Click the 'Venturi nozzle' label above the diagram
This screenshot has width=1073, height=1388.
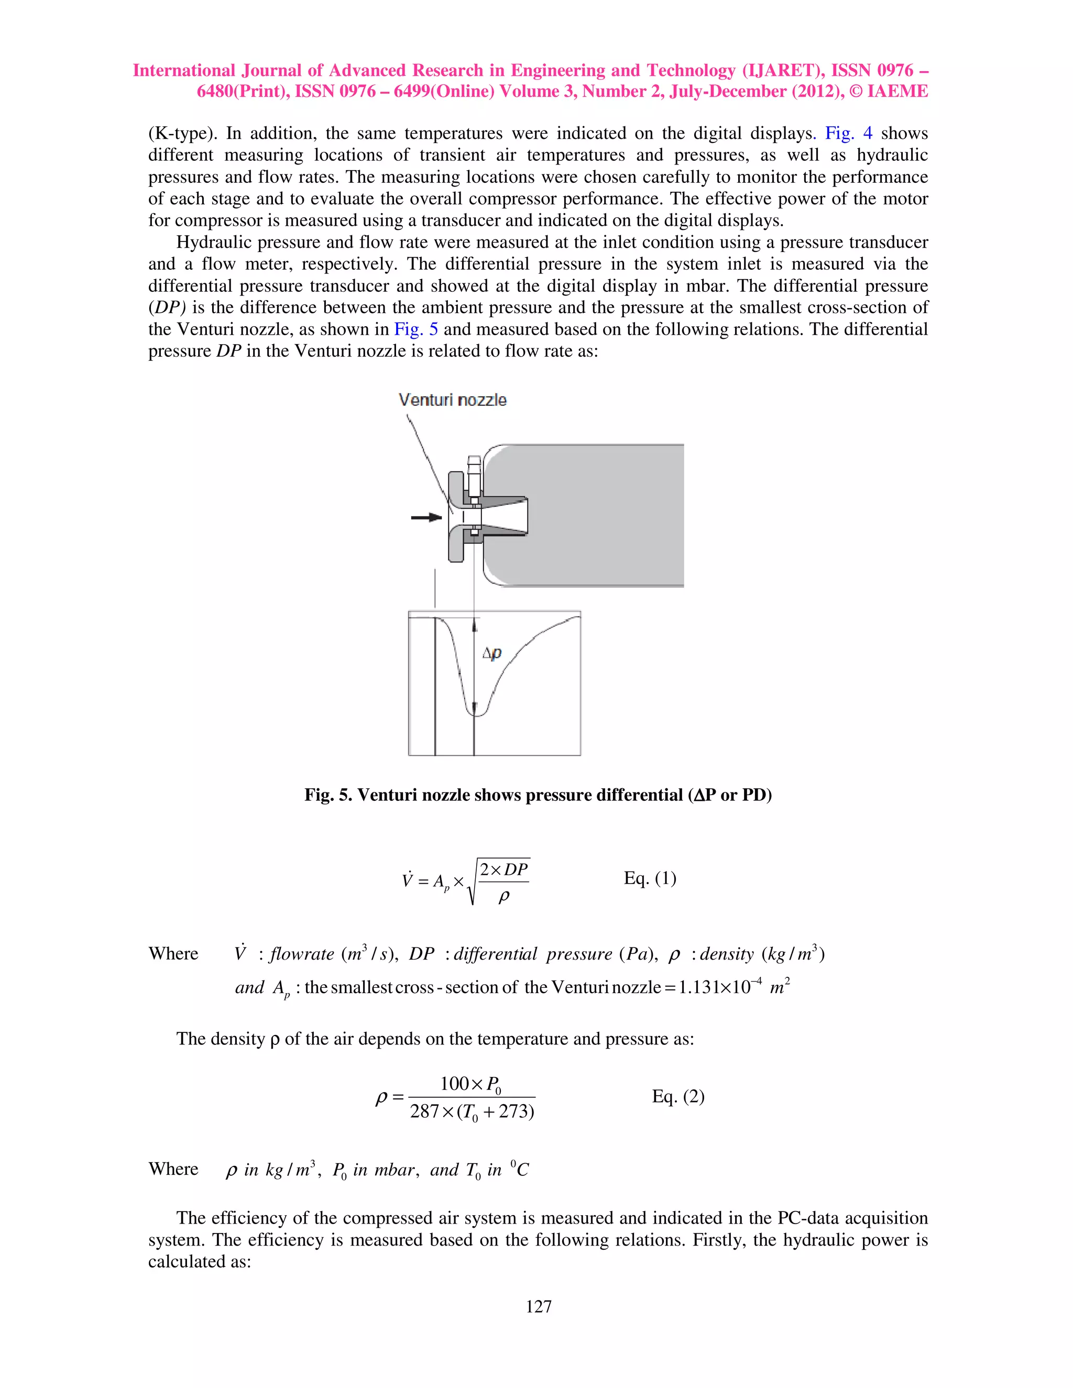click(x=453, y=400)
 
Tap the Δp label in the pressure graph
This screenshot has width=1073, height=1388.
click(x=492, y=653)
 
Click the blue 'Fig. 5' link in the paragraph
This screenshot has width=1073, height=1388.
click(x=415, y=329)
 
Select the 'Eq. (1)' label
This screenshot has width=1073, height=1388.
click(x=650, y=878)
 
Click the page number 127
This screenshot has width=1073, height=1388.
click(x=539, y=1306)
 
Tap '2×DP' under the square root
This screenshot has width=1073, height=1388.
click(x=503, y=869)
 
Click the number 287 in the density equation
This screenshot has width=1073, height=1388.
click(x=424, y=1111)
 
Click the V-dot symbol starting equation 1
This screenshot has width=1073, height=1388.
click(x=408, y=880)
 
